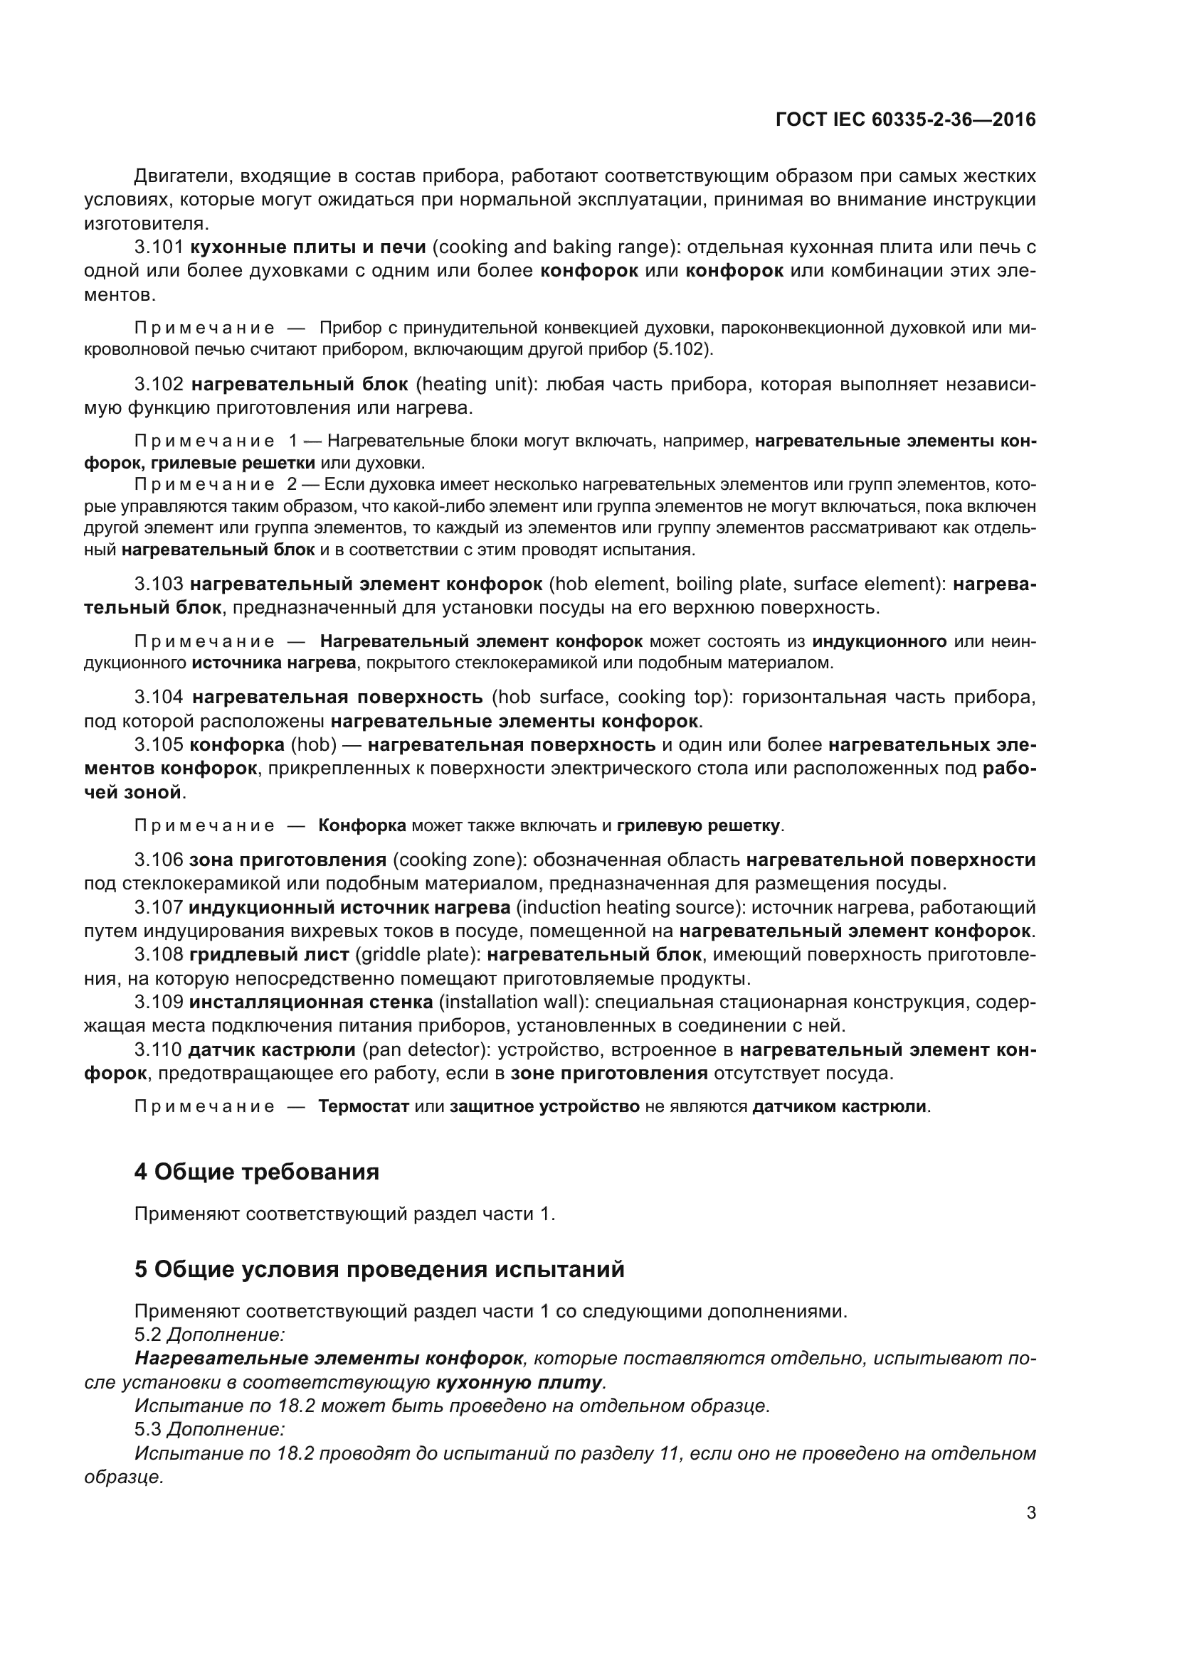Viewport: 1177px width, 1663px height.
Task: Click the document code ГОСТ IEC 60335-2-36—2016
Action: tap(905, 119)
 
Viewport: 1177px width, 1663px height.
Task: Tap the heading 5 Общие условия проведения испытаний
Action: tap(379, 1269)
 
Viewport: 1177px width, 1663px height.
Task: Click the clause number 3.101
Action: tap(159, 247)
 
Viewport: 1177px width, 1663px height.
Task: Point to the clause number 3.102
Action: tap(159, 384)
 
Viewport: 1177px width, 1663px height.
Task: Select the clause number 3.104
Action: tap(159, 697)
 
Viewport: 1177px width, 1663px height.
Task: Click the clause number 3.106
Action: tap(159, 860)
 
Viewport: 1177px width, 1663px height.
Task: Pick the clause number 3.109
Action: tap(159, 1002)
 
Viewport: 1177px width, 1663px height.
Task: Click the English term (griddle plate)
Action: tap(418, 955)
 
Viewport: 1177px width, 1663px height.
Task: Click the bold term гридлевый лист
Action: tap(269, 955)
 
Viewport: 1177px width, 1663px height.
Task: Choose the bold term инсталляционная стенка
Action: tap(311, 1002)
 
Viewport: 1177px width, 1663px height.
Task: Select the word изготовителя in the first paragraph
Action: tap(146, 223)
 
